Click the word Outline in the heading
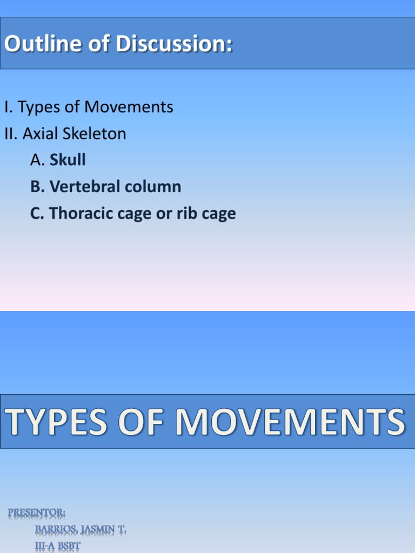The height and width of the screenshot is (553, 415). (x=37, y=44)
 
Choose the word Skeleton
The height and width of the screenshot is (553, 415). (x=95, y=133)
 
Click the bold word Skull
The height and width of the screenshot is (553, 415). (x=68, y=160)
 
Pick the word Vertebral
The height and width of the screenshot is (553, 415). (x=84, y=187)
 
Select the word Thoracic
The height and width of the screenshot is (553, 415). (x=82, y=214)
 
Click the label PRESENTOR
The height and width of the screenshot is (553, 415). (x=37, y=512)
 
